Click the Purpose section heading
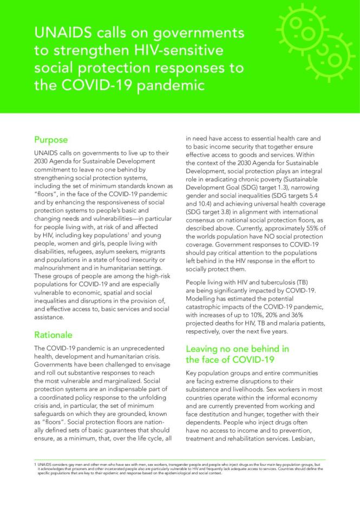51,140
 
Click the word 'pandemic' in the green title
174,87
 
